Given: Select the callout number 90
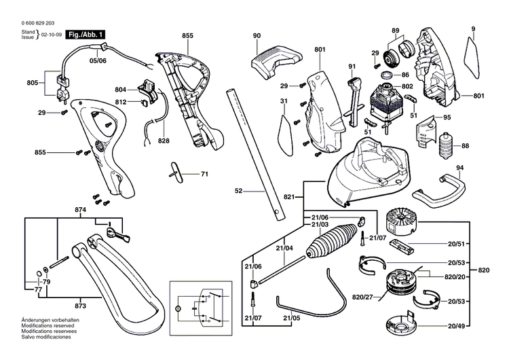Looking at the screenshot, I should click(x=257, y=35).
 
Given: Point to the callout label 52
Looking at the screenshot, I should click(x=238, y=192).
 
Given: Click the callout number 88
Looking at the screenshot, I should click(x=465, y=146).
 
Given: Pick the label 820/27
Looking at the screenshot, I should click(x=362, y=297).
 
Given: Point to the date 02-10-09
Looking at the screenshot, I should click(x=51, y=33).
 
